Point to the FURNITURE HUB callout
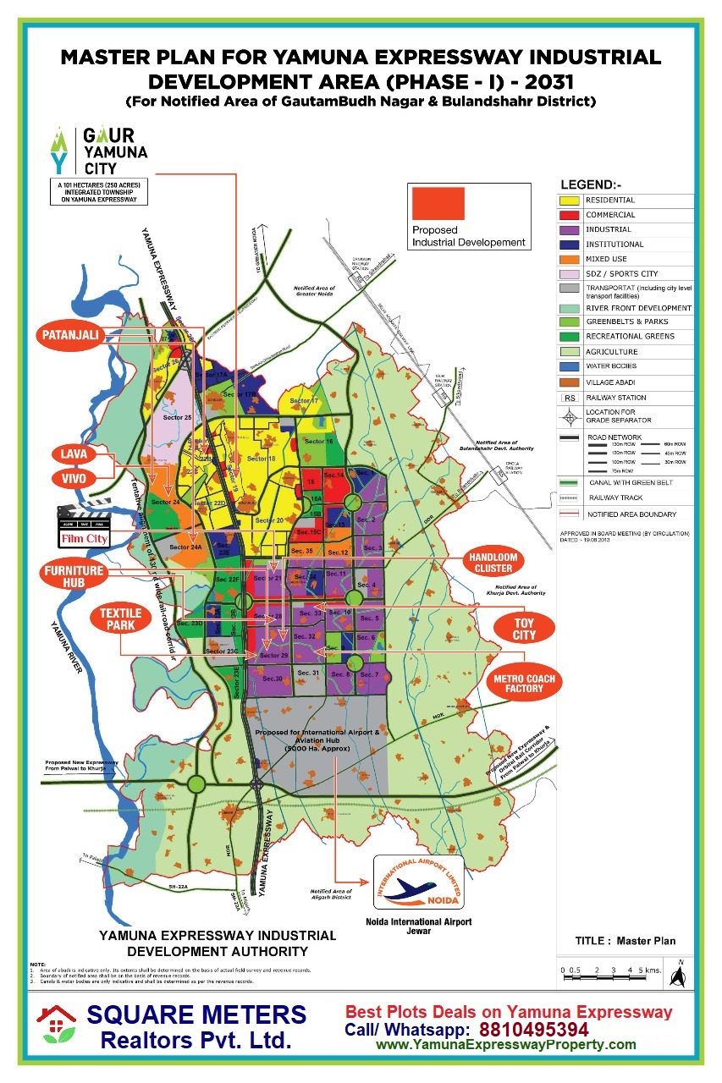tap(74, 578)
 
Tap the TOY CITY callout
tap(524, 629)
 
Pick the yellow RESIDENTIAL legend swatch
tap(569, 201)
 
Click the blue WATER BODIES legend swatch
tap(569, 366)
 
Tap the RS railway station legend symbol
tap(569, 397)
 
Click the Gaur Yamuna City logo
tap(99, 149)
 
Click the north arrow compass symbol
tap(677, 974)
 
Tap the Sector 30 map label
tap(272, 679)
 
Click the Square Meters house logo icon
tap(56, 1026)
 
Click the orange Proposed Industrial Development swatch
tap(437, 203)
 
